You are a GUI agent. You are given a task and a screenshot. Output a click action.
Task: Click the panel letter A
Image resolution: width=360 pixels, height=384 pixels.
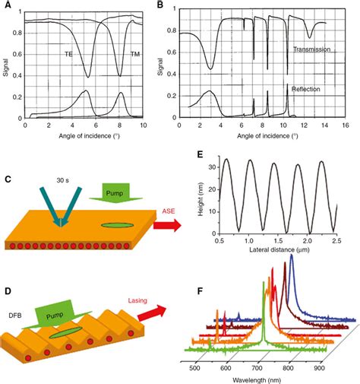(x=10, y=5)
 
